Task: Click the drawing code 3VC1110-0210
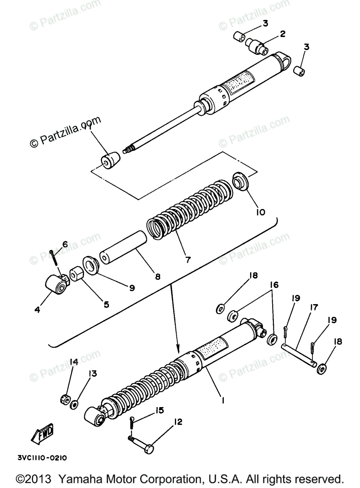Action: pyautogui.click(x=42, y=457)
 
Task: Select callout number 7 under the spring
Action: pyautogui.click(x=188, y=259)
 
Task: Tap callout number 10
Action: pyautogui.click(x=261, y=212)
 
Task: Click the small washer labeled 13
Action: pyautogui.click(x=74, y=405)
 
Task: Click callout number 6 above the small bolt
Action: pyautogui.click(x=65, y=244)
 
